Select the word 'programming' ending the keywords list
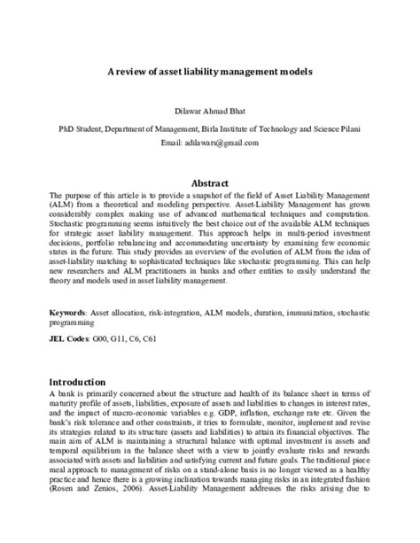tap(74, 323)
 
